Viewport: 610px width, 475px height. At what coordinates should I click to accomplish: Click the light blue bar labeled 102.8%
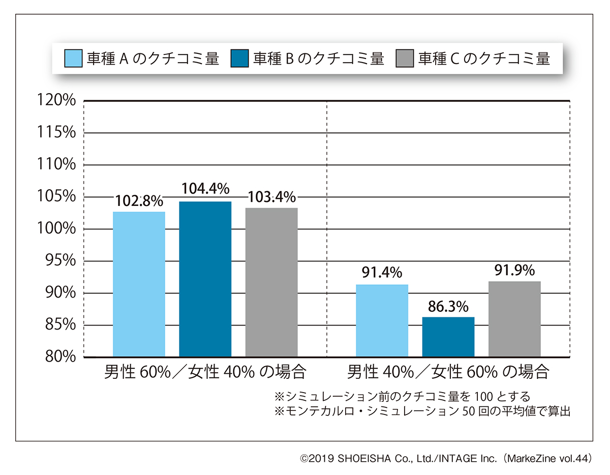tap(139, 284)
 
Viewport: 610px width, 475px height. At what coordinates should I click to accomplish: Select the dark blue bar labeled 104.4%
tap(205, 279)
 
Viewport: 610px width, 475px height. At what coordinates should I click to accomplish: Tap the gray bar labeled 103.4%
tap(271, 282)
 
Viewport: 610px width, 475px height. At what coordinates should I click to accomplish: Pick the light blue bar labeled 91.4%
tap(382, 320)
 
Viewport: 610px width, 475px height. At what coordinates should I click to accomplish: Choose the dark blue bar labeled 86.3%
tap(448, 337)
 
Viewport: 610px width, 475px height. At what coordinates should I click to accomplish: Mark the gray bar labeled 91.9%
tap(514, 319)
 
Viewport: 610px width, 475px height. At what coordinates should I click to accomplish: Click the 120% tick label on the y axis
tap(57, 101)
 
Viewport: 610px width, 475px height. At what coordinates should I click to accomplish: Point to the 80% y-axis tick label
tap(60, 357)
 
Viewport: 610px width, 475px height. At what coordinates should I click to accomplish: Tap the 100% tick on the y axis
tap(57, 229)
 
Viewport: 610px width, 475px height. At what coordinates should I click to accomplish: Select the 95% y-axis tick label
tap(60, 261)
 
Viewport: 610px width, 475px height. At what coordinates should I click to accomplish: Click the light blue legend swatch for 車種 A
tap(73, 59)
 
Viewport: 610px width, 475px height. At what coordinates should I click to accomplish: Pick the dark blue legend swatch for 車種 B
tap(239, 59)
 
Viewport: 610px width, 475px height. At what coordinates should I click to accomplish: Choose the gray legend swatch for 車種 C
tap(405, 59)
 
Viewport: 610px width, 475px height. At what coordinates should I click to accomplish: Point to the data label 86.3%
tap(448, 307)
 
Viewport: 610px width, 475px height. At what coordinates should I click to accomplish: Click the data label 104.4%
tap(205, 190)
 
